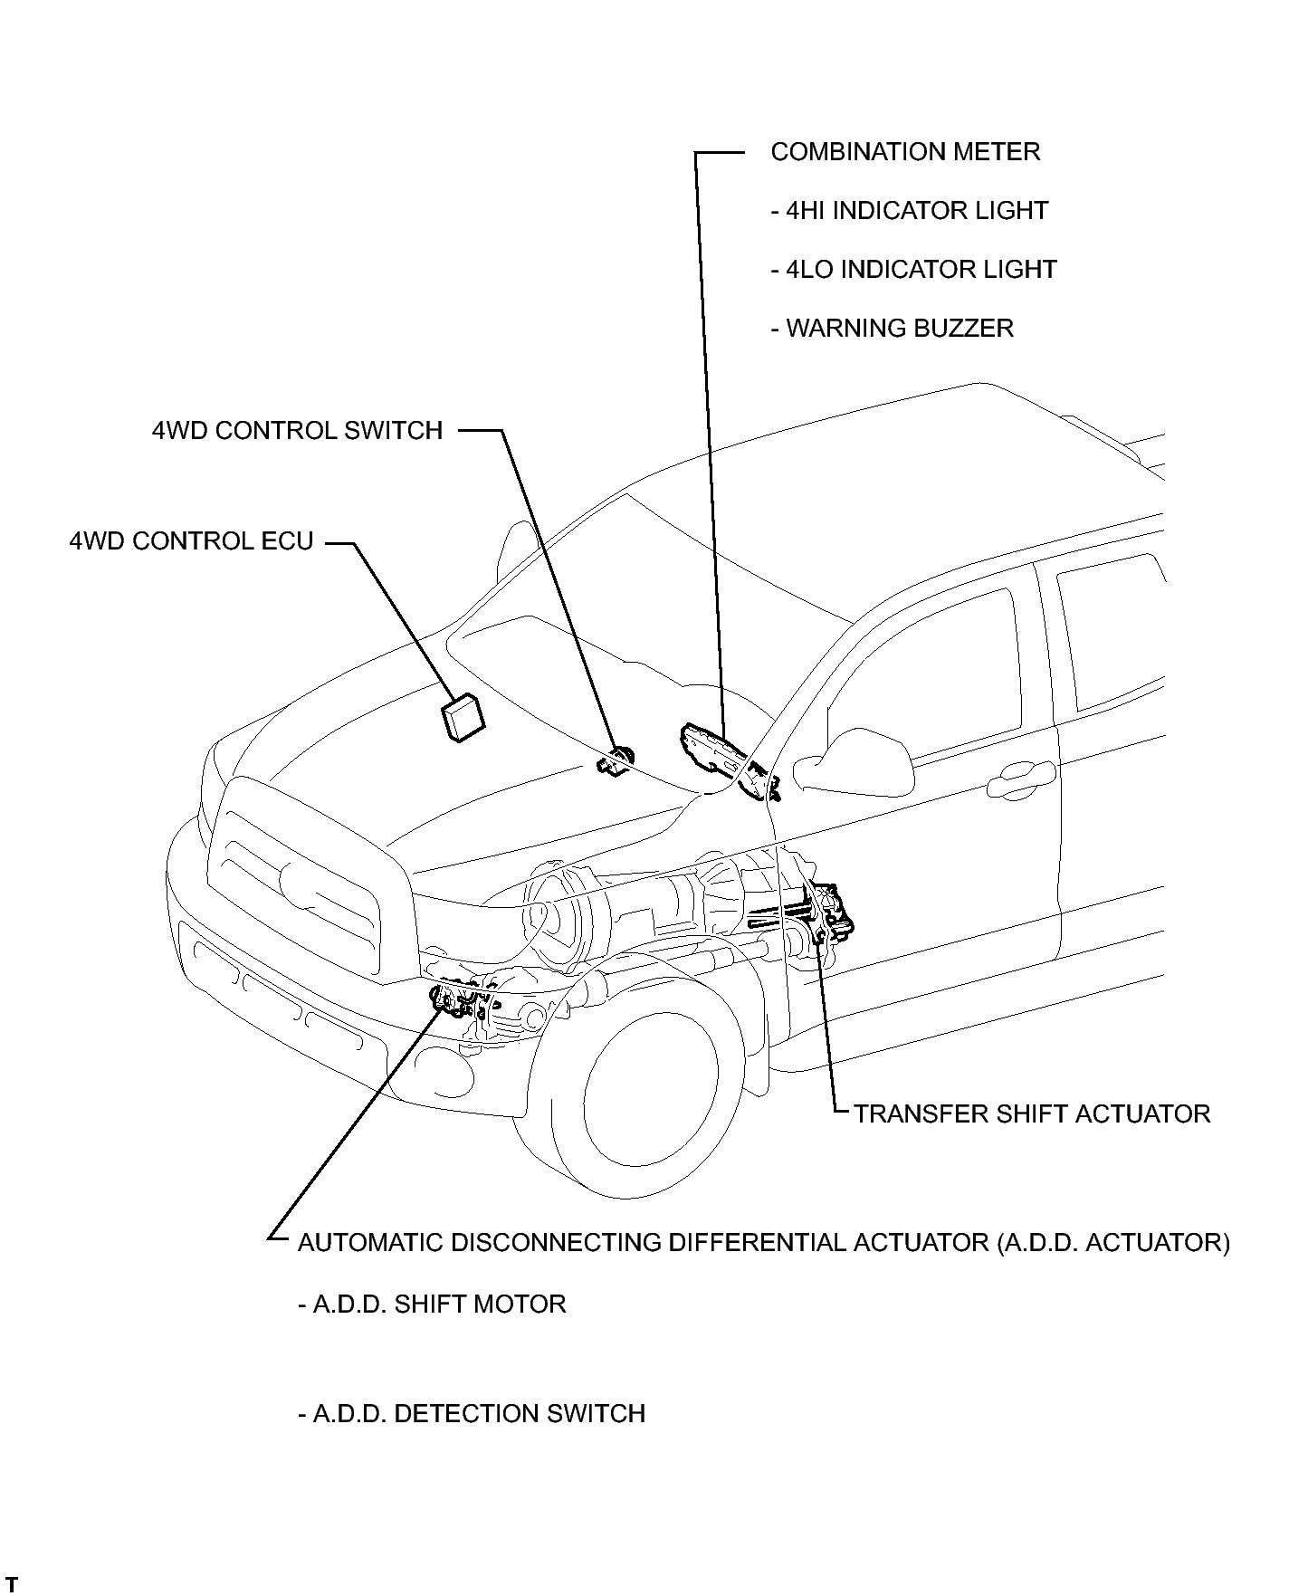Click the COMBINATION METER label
click(x=904, y=151)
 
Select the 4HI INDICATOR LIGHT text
click(x=909, y=211)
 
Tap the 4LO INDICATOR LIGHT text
click(x=913, y=270)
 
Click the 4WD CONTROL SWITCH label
click(x=297, y=430)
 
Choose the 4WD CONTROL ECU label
click(x=191, y=541)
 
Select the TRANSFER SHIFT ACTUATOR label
click(x=1032, y=1113)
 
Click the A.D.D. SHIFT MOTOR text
click(x=432, y=1305)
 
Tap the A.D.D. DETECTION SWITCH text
click(x=472, y=1413)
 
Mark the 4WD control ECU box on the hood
click(x=463, y=718)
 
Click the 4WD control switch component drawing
click(x=616, y=760)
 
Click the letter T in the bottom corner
click(x=13, y=1583)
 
